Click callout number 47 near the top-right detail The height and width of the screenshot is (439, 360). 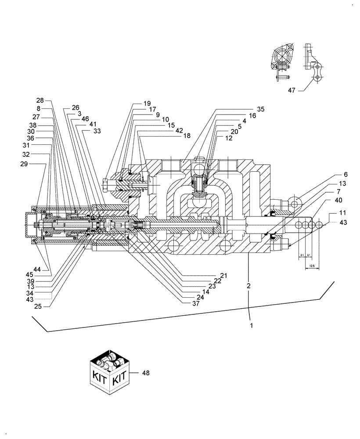click(x=292, y=90)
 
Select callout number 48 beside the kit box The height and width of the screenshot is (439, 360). click(x=146, y=373)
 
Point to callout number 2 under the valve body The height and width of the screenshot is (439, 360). click(x=248, y=286)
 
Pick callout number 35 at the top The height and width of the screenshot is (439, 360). click(x=261, y=108)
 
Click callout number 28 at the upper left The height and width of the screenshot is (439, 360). click(x=40, y=101)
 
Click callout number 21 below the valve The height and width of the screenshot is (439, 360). click(x=223, y=275)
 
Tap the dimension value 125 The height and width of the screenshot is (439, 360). click(x=311, y=266)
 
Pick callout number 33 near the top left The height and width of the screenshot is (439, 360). click(x=97, y=131)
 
